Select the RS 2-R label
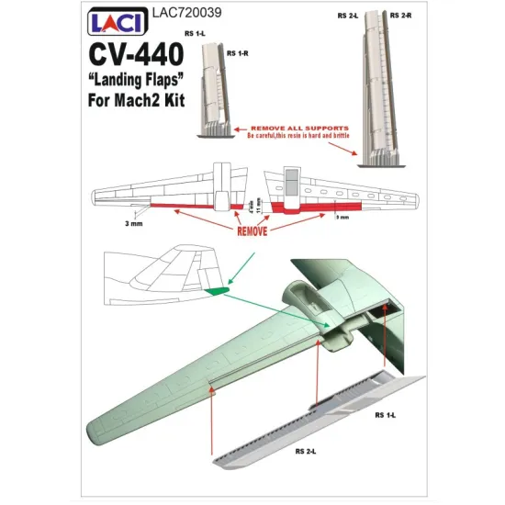click(x=401, y=16)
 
